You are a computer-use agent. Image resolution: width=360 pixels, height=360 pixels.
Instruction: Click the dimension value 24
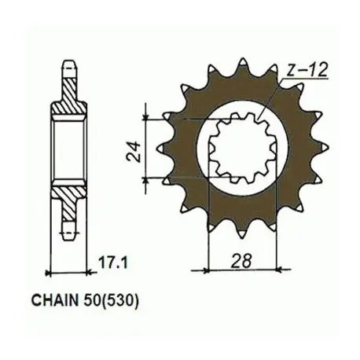coord(133,152)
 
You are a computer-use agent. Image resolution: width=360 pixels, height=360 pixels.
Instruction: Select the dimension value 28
coord(241,261)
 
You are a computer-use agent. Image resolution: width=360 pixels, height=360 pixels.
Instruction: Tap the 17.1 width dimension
coord(113,263)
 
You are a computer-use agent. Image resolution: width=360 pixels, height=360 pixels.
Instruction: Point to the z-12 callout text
coord(307,70)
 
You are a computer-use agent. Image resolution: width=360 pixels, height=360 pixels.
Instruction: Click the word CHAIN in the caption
coord(55,301)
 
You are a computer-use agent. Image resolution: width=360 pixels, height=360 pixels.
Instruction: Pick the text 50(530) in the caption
coord(110,301)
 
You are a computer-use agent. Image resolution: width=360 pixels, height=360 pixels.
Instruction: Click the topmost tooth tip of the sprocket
coord(243,60)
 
